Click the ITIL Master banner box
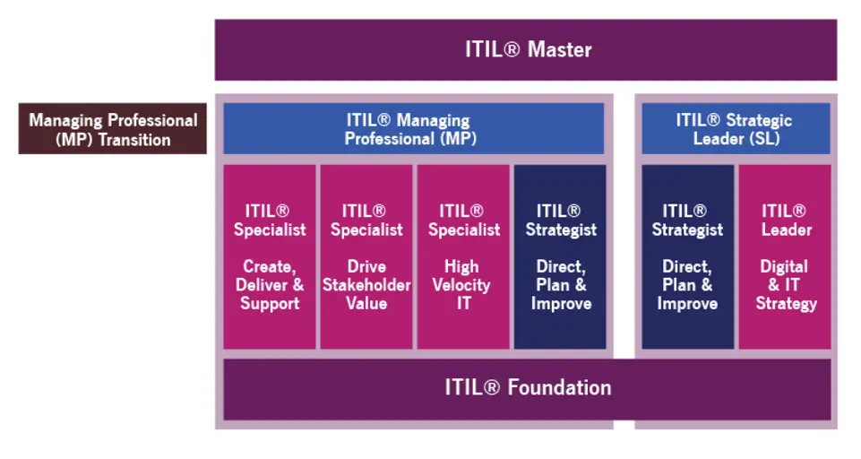pyautogui.click(x=526, y=49)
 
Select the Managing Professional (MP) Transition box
pyautogui.click(x=112, y=129)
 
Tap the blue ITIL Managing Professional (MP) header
pyautogui.click(x=412, y=129)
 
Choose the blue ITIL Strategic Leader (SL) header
pyautogui.click(x=735, y=129)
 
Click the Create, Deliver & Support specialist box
pyautogui.click(x=270, y=256)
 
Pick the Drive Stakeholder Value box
pyautogui.click(x=366, y=256)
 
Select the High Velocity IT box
pyautogui.click(x=462, y=256)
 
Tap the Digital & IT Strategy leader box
pyautogui.click(x=785, y=256)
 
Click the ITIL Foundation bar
pyautogui.click(x=527, y=388)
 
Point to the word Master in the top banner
pyautogui.click(x=559, y=49)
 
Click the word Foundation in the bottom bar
pyautogui.click(x=559, y=388)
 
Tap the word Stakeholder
pyautogui.click(x=366, y=285)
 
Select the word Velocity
pyautogui.click(x=462, y=285)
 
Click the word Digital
pyautogui.click(x=784, y=266)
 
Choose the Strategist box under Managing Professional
pyautogui.click(x=560, y=256)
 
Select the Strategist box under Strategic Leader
pyautogui.click(x=687, y=256)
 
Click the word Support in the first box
pyautogui.click(x=270, y=304)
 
